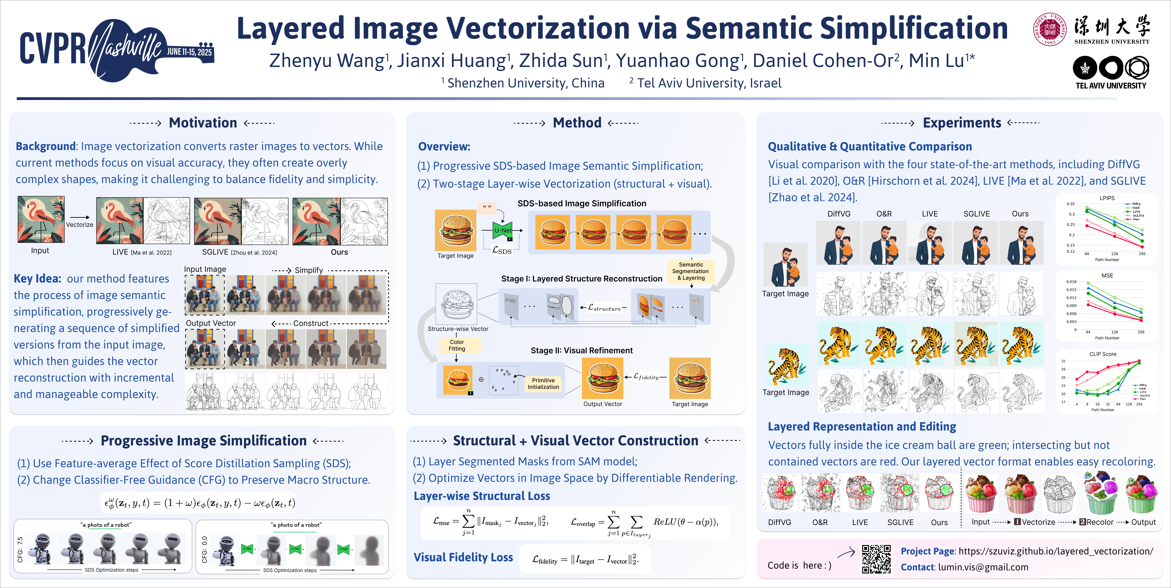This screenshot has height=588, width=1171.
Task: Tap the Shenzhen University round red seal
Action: point(1050,29)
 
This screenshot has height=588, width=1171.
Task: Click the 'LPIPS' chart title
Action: point(1107,198)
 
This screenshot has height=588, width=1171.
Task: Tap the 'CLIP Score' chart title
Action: point(1103,354)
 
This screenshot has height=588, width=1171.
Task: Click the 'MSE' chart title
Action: point(1107,276)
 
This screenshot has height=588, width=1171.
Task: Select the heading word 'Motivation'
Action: point(203,123)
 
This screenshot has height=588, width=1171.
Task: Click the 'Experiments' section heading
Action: point(962,123)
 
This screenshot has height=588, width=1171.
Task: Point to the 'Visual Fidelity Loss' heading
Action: point(463,558)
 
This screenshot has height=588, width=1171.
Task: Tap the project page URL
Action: point(1056,551)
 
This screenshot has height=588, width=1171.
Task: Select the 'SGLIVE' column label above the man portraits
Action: point(976,214)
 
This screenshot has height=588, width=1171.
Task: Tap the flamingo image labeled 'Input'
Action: point(41,219)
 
